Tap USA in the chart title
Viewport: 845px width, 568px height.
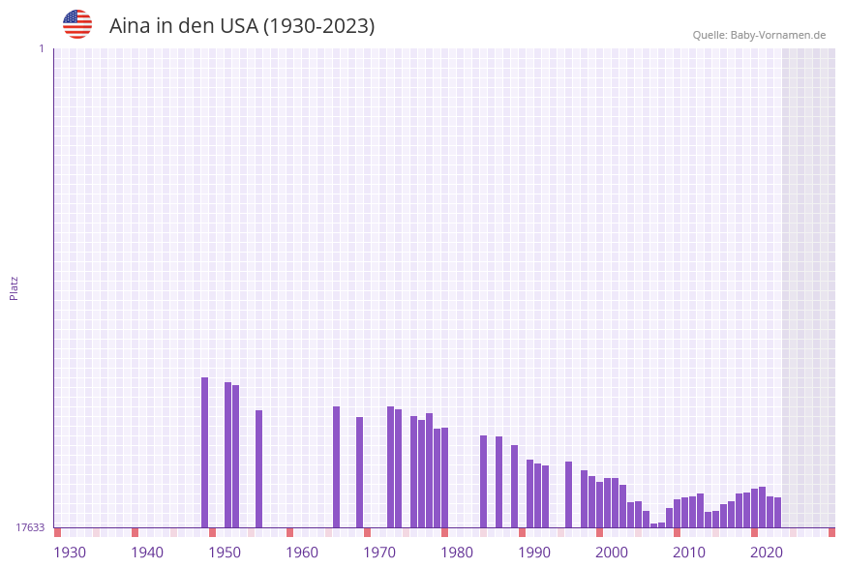239,26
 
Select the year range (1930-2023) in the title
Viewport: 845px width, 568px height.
318,26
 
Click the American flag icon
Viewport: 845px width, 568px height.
77,24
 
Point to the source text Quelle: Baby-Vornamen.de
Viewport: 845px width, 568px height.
759,35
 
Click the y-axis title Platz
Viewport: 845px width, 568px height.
15,287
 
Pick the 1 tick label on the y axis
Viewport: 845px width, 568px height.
41,48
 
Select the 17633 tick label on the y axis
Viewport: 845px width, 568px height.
30,527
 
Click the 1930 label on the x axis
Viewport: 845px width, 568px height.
70,553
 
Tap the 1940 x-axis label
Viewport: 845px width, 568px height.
147,553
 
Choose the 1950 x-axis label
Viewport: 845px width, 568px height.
225,553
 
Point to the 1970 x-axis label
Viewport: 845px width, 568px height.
379,553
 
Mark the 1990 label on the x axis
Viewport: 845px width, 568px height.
534,553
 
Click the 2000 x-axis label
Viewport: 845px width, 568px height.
612,553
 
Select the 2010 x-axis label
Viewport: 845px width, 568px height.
689,553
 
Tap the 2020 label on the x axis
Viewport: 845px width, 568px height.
767,553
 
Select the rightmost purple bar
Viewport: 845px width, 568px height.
777,512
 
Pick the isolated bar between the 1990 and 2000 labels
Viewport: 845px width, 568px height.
569,493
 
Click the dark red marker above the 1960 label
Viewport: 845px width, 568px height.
289,532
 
